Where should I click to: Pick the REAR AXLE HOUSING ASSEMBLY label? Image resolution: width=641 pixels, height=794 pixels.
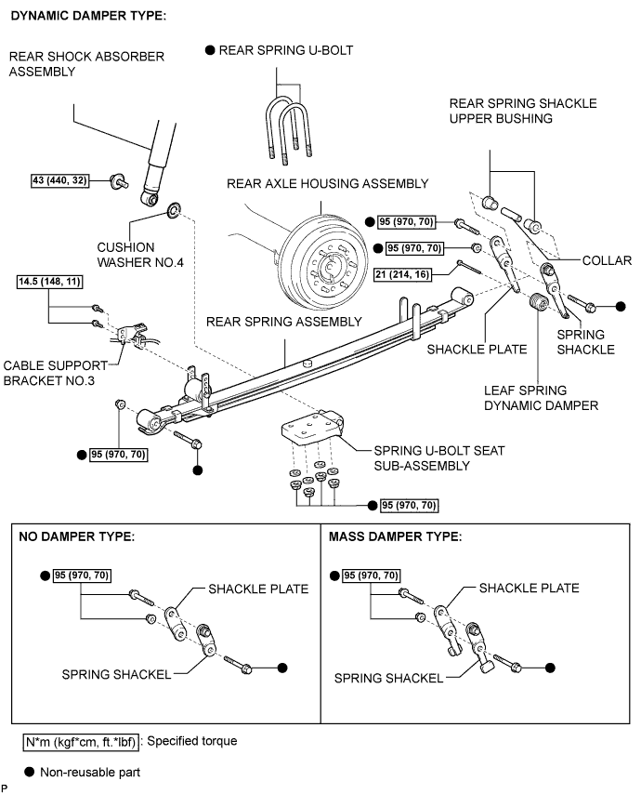[327, 183]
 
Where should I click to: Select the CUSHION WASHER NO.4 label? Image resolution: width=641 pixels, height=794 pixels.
[140, 255]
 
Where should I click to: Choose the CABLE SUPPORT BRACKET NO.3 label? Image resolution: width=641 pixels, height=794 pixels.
[64, 371]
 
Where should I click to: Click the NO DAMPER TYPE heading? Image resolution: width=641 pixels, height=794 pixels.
[78, 536]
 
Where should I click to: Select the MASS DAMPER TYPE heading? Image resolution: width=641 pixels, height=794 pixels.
[395, 536]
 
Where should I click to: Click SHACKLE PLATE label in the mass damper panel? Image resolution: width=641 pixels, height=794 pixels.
[529, 588]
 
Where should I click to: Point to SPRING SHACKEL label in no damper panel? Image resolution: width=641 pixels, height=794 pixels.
[116, 674]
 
